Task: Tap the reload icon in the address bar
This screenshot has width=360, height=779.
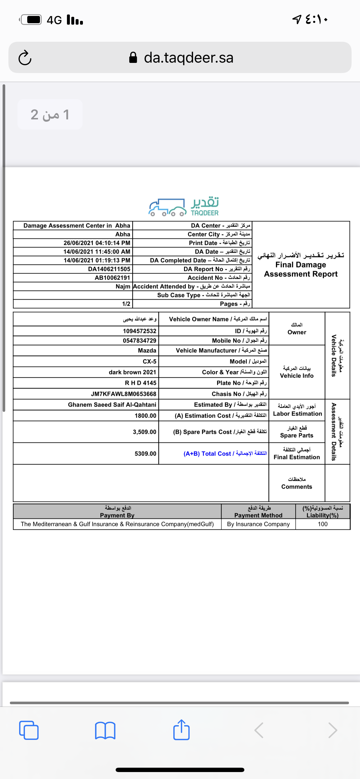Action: coord(25,57)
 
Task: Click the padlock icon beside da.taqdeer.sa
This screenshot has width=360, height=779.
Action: coord(133,57)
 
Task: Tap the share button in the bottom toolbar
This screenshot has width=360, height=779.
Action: coord(181,730)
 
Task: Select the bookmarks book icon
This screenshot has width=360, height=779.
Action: coord(105,730)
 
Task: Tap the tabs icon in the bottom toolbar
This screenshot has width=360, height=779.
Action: coord(29,730)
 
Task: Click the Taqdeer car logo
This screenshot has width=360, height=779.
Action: coord(167,208)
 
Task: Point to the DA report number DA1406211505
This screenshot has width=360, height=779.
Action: coord(109,269)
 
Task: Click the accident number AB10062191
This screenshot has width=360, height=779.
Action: coord(112,278)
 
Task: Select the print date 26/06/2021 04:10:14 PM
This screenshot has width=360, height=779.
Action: coord(97,243)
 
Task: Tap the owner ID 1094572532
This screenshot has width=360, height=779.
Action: coord(139,331)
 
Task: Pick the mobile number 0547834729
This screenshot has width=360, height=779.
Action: coord(139,341)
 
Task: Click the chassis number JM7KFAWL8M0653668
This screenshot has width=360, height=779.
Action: coord(123,394)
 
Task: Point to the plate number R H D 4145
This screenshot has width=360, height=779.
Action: coord(141,383)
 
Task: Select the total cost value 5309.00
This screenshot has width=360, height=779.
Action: coord(145,453)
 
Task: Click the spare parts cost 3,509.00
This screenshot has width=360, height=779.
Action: coord(144,432)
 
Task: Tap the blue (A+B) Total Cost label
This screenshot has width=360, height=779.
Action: coord(225,453)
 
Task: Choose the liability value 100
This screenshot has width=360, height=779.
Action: coord(323,524)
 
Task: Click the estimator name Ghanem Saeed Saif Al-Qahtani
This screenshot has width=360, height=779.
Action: coord(112,405)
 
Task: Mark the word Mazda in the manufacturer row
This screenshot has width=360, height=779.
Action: coord(147,350)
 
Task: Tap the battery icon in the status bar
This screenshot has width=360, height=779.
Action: coord(32,20)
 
